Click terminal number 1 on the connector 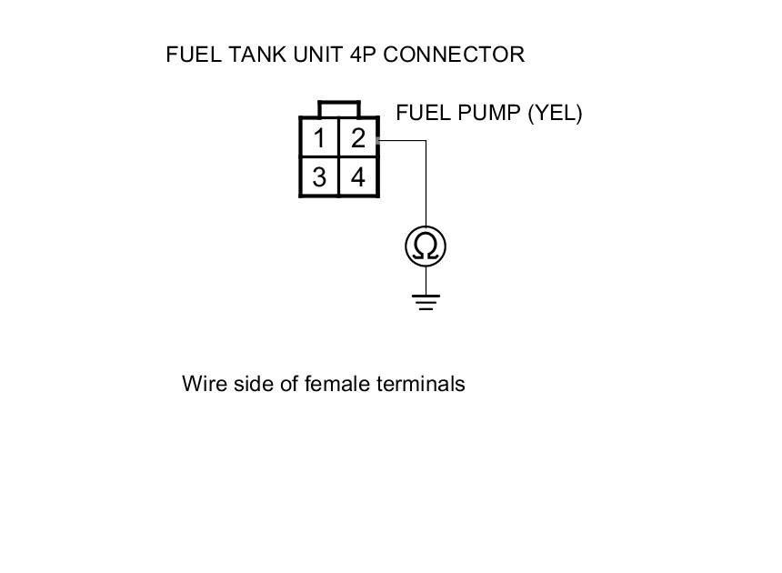[x=319, y=138]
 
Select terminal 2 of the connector [x=358, y=138]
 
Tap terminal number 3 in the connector [x=319, y=177]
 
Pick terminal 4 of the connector [x=358, y=177]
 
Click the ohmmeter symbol [x=426, y=246]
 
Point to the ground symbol [x=426, y=302]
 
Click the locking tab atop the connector [x=338, y=109]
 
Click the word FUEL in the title [x=194, y=55]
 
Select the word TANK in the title [x=258, y=55]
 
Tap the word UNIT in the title [x=317, y=55]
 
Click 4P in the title [x=363, y=55]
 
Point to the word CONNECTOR [x=454, y=55]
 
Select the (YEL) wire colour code [x=555, y=113]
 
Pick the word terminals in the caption [x=421, y=384]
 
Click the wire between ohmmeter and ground [x=426, y=280]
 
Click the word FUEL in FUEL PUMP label [x=424, y=113]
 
